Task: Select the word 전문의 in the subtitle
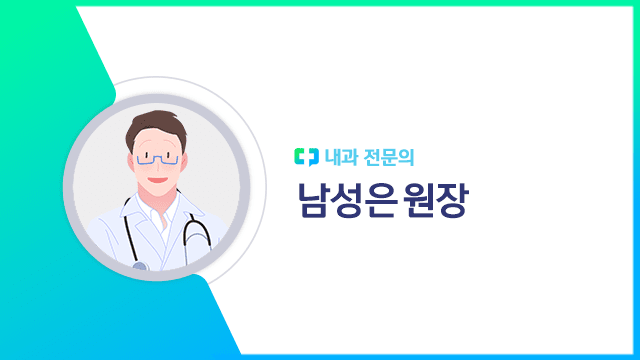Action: point(393,157)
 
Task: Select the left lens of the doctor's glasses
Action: point(146,157)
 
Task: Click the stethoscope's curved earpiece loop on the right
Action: point(199,235)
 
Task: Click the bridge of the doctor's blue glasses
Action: point(158,155)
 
